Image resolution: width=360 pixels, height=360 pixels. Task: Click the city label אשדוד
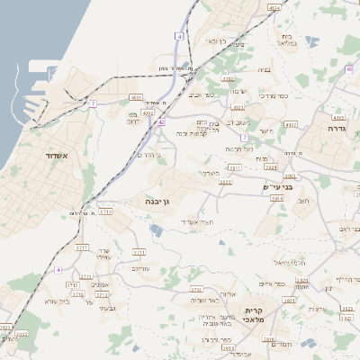(x=51, y=155)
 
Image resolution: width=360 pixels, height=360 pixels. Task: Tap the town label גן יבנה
(x=159, y=203)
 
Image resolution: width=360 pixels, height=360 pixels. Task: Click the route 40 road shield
(x=348, y=67)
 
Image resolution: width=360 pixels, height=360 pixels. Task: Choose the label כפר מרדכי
(x=273, y=94)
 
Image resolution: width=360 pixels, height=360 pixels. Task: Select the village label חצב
(x=303, y=201)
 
